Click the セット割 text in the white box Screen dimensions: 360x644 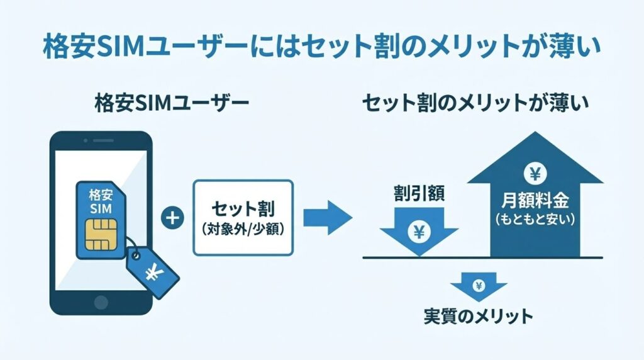tap(243, 208)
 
